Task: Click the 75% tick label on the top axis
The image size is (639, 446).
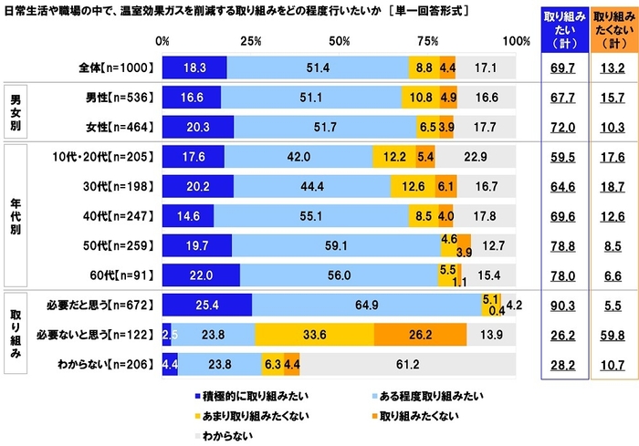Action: tap(428, 41)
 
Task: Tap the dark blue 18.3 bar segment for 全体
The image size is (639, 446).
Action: tap(194, 67)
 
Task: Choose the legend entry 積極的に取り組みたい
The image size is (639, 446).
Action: tap(245, 397)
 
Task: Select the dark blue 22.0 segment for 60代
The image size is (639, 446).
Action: tap(201, 274)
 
